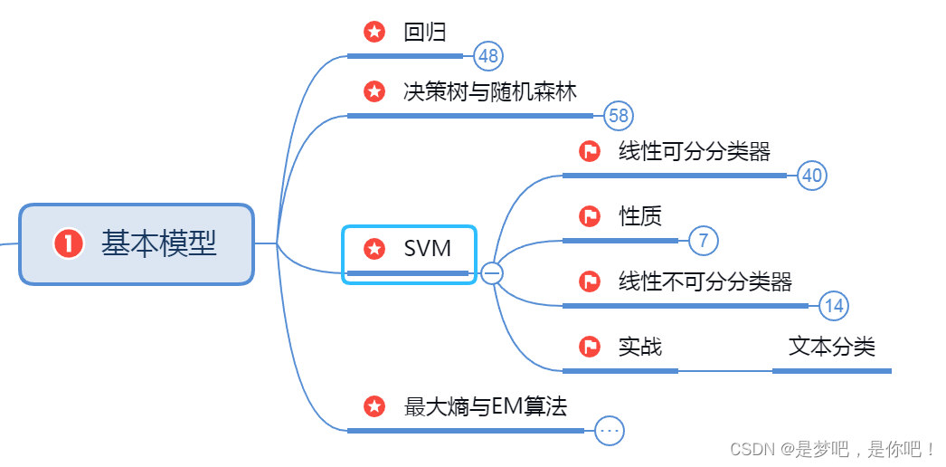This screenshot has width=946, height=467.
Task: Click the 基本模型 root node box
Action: click(136, 244)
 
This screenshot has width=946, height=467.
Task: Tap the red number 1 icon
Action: click(68, 243)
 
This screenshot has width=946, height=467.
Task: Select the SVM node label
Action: click(427, 247)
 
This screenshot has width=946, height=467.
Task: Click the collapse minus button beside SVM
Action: click(492, 272)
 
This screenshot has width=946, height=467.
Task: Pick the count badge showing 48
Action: click(488, 56)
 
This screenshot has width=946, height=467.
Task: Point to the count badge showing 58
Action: click(619, 116)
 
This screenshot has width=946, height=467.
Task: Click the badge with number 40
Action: click(812, 176)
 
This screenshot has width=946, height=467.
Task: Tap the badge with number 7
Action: click(704, 241)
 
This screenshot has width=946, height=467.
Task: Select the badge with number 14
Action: click(834, 306)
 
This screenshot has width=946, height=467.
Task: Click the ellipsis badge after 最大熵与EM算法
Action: click(610, 431)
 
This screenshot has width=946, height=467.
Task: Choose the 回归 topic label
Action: click(425, 33)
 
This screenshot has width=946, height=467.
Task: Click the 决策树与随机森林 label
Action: click(490, 91)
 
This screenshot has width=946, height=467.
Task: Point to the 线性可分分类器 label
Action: click(695, 151)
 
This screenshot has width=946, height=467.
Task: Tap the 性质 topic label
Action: click(640, 216)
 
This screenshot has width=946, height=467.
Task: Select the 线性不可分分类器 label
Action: click(705, 281)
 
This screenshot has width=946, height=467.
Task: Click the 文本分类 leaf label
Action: click(832, 346)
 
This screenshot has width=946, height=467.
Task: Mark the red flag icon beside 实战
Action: click(590, 347)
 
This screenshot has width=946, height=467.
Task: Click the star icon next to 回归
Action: click(374, 33)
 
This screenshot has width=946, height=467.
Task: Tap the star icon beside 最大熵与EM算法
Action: click(374, 406)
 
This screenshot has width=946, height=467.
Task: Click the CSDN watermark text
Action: click(832, 449)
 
